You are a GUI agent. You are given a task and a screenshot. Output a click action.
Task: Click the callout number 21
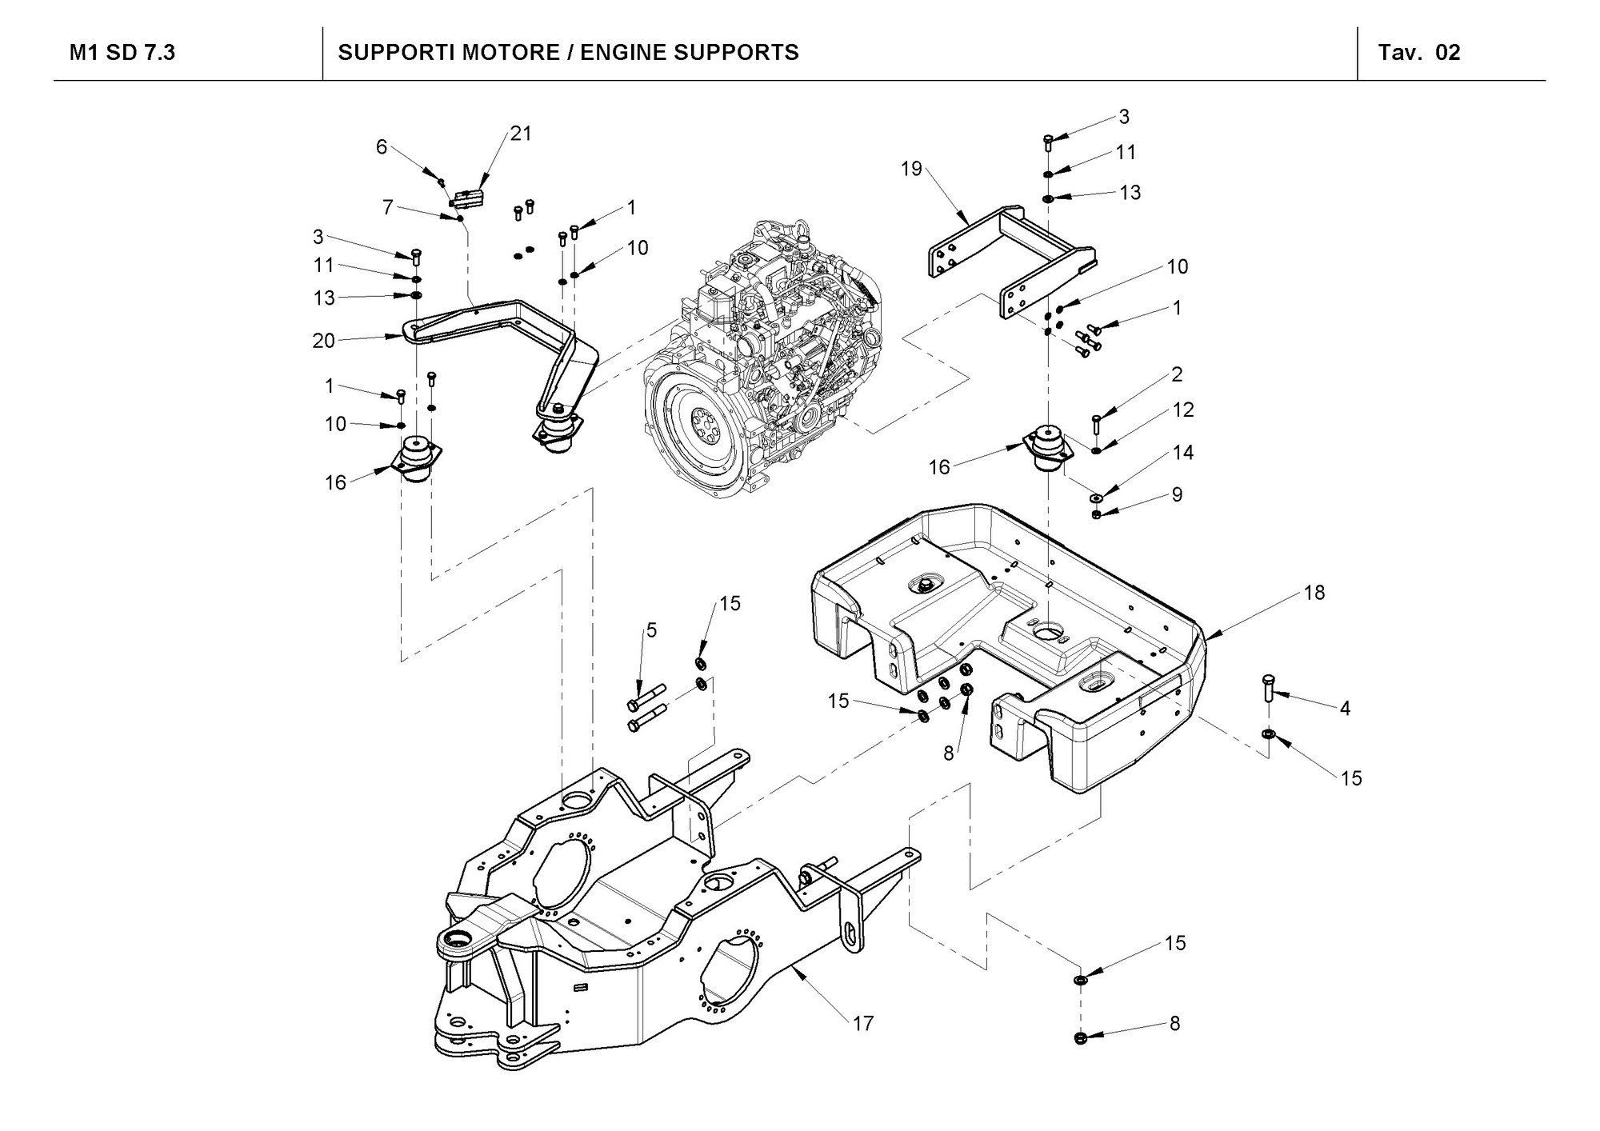click(x=521, y=134)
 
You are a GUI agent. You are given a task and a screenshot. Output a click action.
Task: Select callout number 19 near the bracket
click(x=912, y=169)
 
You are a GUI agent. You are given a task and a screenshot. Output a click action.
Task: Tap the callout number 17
click(x=863, y=1023)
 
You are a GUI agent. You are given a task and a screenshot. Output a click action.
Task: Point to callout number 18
click(x=1314, y=593)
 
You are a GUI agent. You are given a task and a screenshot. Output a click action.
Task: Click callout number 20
click(x=323, y=341)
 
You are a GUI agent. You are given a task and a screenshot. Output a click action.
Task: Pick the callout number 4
click(x=1345, y=708)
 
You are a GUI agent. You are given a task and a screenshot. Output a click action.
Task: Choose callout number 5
click(x=651, y=630)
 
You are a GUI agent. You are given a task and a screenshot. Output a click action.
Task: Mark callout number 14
click(x=1182, y=453)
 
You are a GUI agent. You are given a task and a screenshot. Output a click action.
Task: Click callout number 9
click(x=1177, y=494)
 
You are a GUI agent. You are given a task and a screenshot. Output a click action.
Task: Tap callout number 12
click(x=1182, y=410)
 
